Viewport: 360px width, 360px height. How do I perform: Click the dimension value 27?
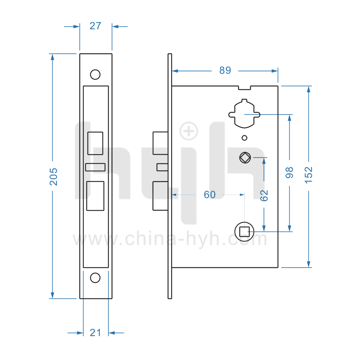click(95, 26)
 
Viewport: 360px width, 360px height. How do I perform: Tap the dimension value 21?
click(95, 333)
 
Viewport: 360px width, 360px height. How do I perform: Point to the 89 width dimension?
click(225, 71)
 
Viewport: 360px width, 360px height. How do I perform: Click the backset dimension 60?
click(210, 195)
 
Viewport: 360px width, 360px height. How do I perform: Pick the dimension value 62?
click(264, 195)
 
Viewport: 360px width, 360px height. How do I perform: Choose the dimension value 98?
click(289, 173)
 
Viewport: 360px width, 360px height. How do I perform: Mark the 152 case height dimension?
click(308, 175)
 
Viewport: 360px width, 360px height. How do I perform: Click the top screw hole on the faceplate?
click(95, 74)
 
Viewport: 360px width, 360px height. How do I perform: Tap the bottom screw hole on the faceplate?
click(95, 277)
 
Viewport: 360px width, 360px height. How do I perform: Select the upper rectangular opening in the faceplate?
click(95, 143)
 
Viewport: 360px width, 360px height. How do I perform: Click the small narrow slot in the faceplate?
click(95, 167)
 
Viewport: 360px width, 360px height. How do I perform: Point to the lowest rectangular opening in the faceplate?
click(95, 196)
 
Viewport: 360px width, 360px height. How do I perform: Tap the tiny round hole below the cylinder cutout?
click(244, 138)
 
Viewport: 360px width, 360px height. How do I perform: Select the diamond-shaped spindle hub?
click(245, 158)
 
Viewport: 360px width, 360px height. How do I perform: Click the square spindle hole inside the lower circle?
click(245, 232)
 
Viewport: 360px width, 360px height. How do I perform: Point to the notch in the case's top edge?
click(245, 88)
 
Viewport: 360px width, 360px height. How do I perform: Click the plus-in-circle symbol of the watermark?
click(188, 131)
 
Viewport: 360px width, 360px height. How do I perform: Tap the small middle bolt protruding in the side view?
click(162, 167)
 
